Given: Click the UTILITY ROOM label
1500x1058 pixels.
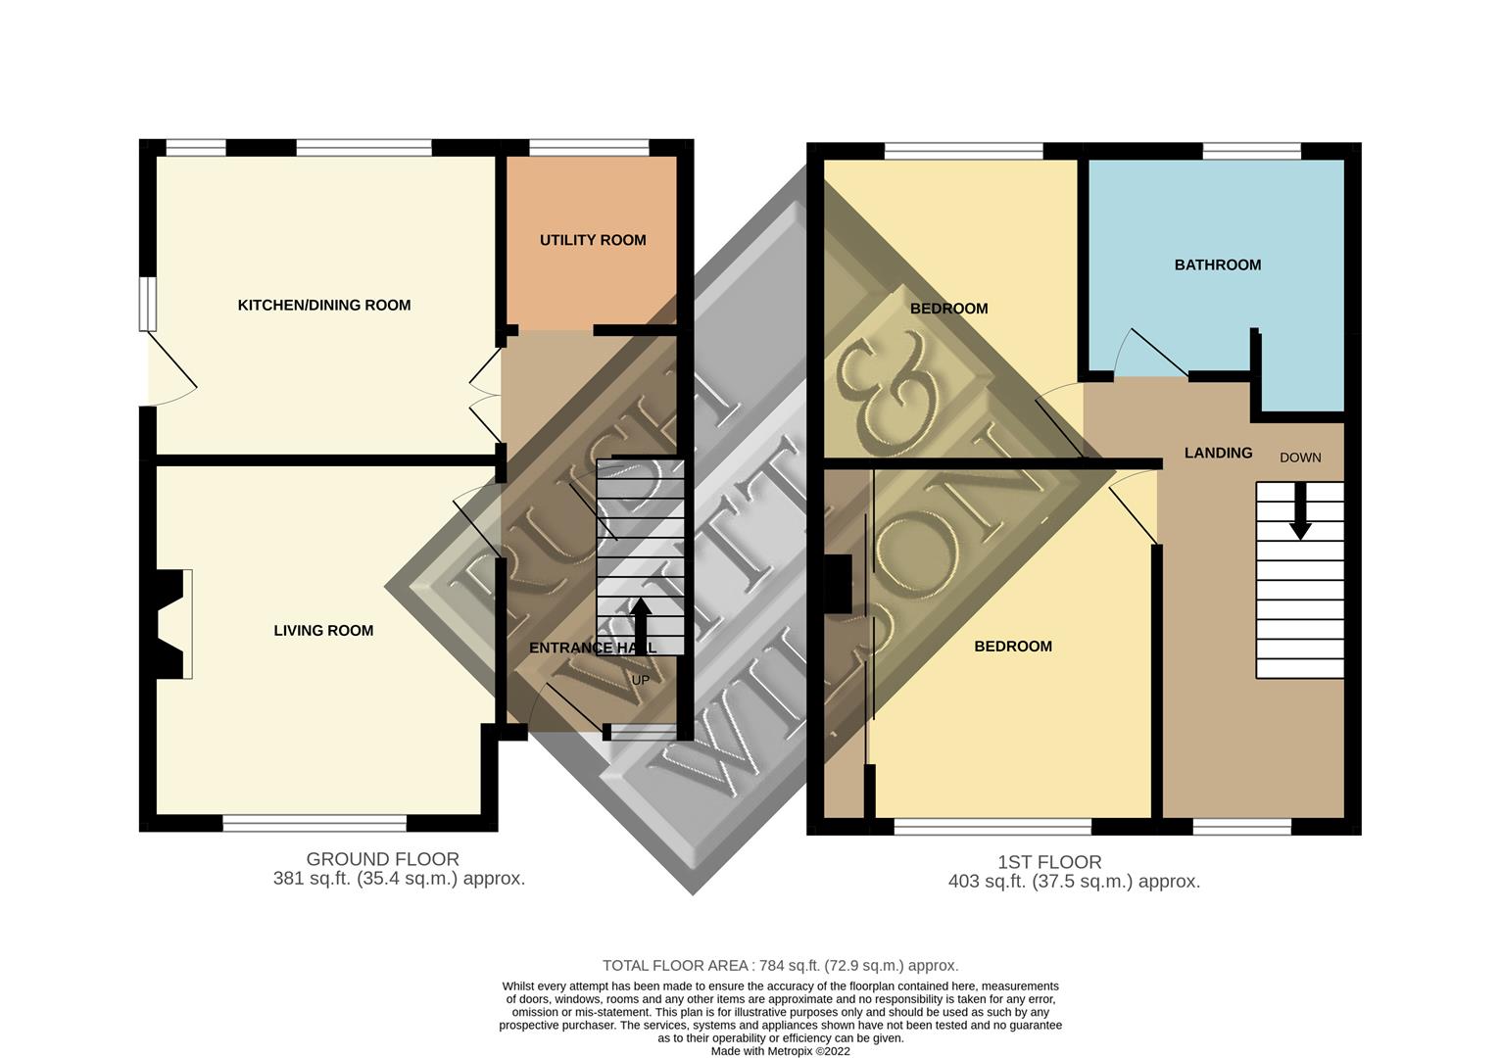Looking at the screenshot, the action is coord(593,240).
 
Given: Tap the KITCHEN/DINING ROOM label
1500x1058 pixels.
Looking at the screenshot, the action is coord(324,306).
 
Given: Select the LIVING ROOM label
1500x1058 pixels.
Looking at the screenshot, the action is coord(323,630).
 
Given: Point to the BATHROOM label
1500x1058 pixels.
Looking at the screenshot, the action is coord(1218,264).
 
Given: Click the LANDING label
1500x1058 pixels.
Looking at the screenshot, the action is coord(1218,453).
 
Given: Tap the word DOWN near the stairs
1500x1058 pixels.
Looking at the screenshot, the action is coord(1300,457).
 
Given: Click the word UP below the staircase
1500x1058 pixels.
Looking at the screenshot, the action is coord(640,680).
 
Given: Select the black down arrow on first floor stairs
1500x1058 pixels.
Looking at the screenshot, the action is coord(1300,511).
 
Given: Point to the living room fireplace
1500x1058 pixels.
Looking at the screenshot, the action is coord(170,624).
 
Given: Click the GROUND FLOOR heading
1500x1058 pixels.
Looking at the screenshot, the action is coord(382,859).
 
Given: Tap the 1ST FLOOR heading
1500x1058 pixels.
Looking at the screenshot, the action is coord(1049,862).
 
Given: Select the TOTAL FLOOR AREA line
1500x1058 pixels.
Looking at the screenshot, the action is coord(780,965).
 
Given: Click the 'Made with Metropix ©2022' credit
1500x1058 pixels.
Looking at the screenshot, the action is coord(780,1050).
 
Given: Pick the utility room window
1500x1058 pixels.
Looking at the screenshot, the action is coord(589,147).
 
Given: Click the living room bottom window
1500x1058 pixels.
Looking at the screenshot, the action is coord(315,823).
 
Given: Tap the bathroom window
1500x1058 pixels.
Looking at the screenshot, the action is coord(1251,151).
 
